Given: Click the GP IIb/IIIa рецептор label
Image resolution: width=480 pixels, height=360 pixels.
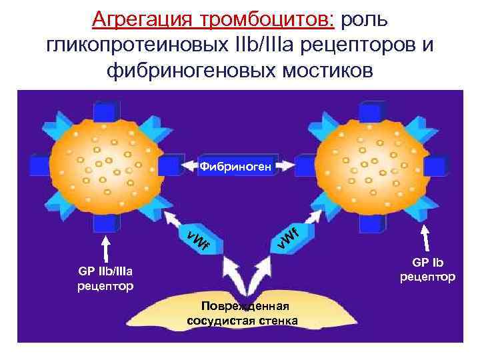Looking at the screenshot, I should (x=106, y=278).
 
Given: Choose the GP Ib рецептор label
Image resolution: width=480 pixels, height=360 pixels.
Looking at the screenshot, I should (x=427, y=269).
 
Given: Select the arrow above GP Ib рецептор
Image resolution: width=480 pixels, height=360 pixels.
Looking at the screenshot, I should (x=428, y=239).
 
